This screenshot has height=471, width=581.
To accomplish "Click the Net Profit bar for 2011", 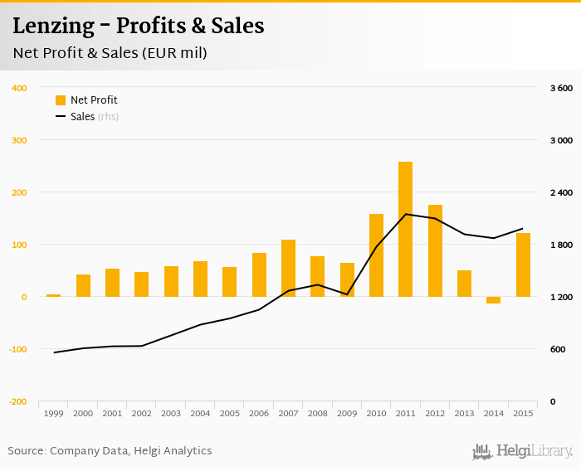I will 405,229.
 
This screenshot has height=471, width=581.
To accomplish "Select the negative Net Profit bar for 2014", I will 494,300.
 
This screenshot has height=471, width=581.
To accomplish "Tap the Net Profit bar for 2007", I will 288,268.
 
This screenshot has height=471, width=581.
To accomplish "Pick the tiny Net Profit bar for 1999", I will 53,295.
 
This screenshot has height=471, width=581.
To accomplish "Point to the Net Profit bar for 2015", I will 523,265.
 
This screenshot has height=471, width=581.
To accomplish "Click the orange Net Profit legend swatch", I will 61,100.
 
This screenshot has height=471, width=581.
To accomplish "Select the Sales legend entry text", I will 82,117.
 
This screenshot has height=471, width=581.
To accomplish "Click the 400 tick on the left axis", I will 20,88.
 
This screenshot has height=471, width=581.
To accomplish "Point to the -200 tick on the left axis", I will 17,401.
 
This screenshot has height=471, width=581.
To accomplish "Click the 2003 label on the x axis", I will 171,413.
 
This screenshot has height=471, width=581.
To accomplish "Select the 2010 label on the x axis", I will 376,413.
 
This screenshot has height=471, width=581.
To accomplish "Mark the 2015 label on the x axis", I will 523,413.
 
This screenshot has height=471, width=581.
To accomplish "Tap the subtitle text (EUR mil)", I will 177,53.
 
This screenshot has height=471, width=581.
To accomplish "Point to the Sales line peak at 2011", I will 405,214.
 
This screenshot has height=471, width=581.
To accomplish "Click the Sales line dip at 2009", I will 347,294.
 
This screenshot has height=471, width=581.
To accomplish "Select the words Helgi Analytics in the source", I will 173,451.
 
